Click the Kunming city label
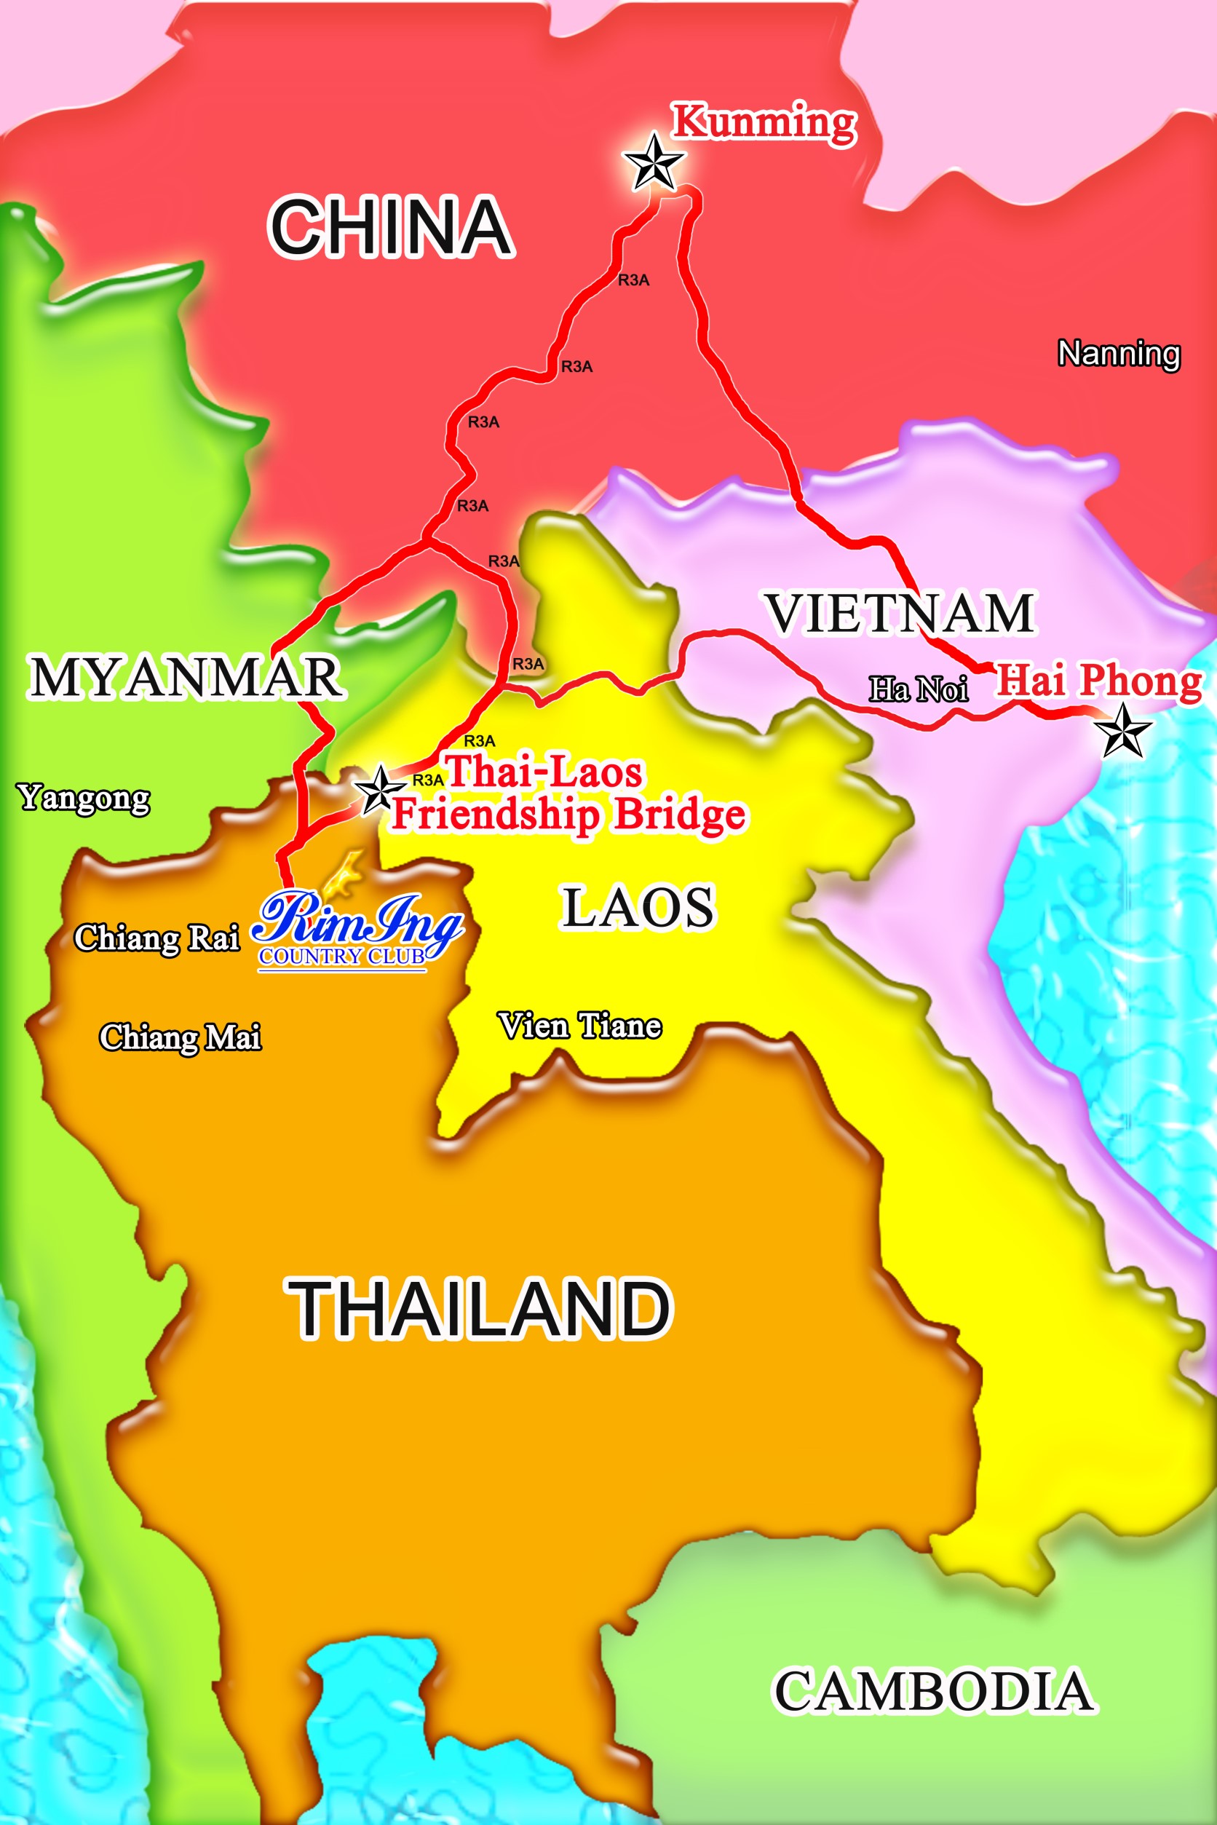(764, 122)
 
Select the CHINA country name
(390, 226)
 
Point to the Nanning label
(1119, 354)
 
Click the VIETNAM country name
(900, 613)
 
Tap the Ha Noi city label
(918, 689)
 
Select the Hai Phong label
(1098, 681)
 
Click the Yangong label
(84, 798)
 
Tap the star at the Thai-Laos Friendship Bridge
(379, 789)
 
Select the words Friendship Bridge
(569, 815)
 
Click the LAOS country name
(637, 908)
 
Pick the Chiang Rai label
(156, 938)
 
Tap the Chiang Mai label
(180, 1038)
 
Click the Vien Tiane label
(580, 1027)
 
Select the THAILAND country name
(480, 1310)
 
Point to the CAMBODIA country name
(935, 1692)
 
